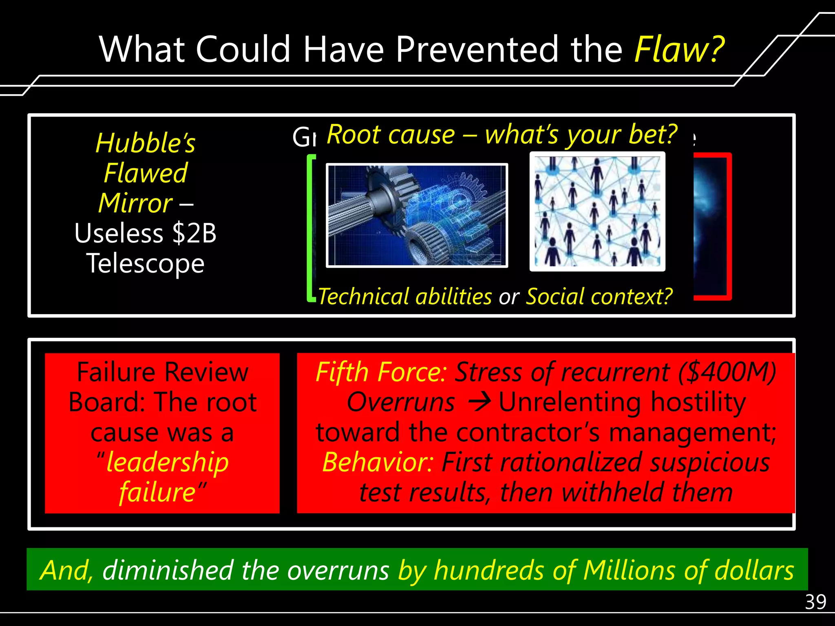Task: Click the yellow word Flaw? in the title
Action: point(679,50)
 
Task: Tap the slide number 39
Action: point(815,602)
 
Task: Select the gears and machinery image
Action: point(417,215)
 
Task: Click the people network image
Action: point(597,212)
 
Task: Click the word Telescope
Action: point(145,263)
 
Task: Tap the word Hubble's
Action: point(145,143)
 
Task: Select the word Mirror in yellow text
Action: point(135,203)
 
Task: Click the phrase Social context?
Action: point(599,296)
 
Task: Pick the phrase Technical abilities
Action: point(405,296)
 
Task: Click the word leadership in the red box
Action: point(167,463)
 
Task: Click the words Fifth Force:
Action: point(381,372)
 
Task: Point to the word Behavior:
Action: point(378,463)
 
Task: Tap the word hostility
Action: point(698,403)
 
